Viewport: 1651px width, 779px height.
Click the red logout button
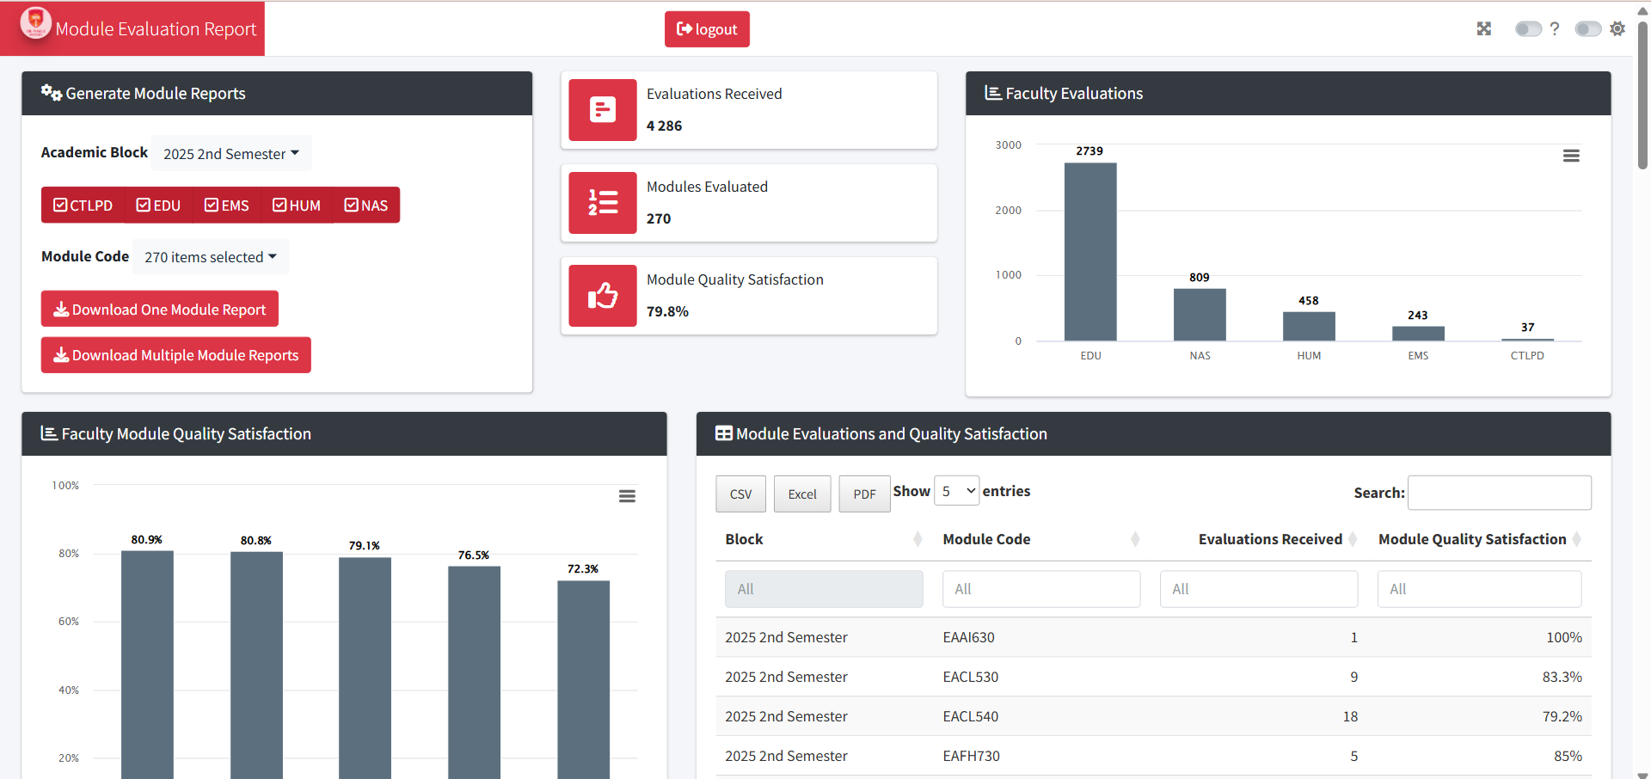707,29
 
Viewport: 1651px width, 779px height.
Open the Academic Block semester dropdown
230,154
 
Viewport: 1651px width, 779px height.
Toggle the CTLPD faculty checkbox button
83,205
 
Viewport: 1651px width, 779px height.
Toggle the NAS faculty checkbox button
366,205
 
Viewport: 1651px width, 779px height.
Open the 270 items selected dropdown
211,257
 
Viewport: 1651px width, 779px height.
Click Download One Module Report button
160,310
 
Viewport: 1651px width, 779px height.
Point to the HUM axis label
1309,356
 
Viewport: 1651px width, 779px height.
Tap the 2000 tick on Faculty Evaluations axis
1008,211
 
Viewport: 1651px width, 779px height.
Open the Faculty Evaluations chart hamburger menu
1571,156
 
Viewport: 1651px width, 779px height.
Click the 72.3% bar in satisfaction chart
583,679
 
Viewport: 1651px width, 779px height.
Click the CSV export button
740,494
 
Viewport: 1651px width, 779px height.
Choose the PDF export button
864,494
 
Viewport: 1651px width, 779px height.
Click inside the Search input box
1499,493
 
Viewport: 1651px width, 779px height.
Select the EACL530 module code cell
970,678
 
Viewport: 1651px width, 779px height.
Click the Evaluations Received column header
1269,539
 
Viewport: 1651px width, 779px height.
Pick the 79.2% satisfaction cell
1562,717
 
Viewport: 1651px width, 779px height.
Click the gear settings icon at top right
1617,29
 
